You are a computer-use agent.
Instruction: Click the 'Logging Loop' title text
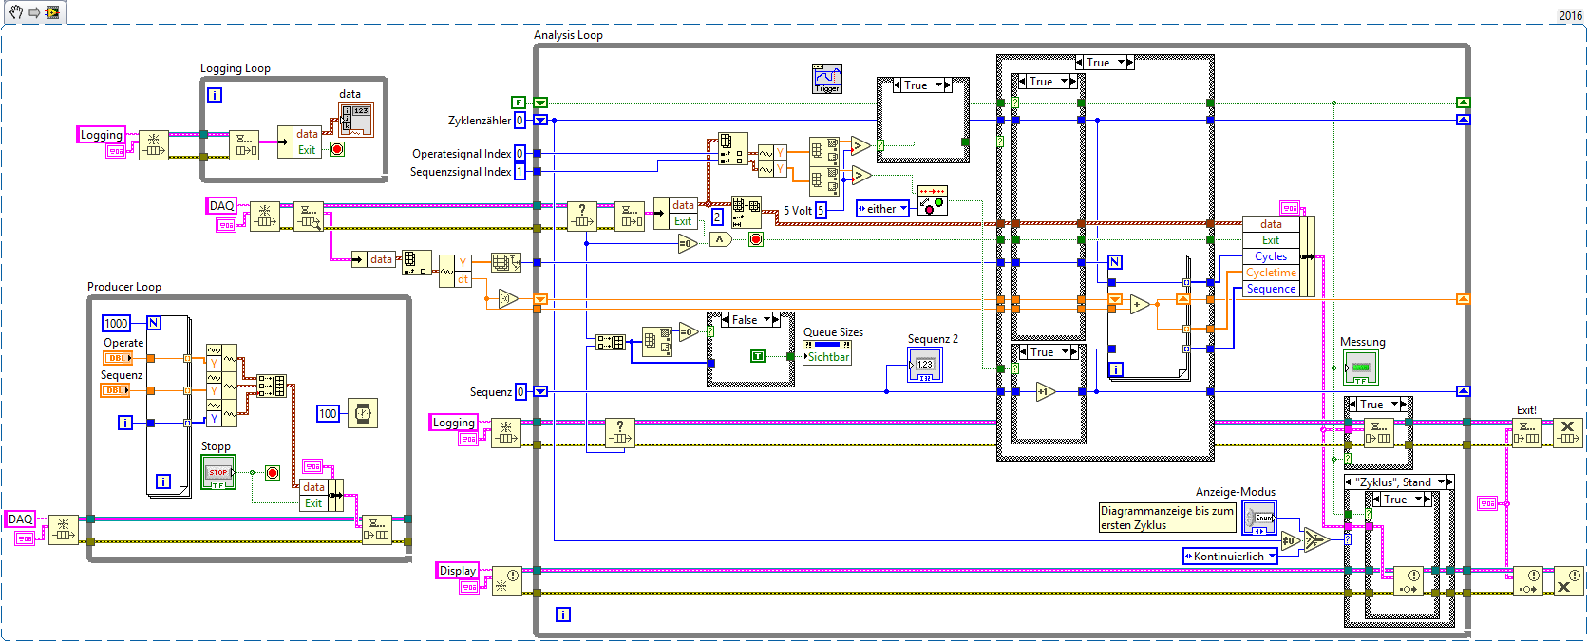click(x=235, y=68)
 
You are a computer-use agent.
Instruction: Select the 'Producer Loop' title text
click(x=123, y=287)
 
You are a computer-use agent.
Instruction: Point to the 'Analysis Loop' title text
click(x=568, y=35)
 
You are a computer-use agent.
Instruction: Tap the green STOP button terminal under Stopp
click(x=218, y=472)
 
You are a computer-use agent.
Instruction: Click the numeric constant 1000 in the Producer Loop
click(x=116, y=324)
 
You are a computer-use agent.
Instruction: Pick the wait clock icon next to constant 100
click(x=363, y=413)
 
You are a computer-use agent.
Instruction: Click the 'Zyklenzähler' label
click(x=480, y=121)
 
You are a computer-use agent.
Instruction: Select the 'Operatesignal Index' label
click(x=462, y=154)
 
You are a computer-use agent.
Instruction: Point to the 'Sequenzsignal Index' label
click(x=461, y=172)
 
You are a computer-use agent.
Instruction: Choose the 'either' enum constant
click(x=882, y=209)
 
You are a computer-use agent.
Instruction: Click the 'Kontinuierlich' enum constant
click(x=1229, y=557)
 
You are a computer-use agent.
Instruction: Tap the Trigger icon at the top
click(x=827, y=78)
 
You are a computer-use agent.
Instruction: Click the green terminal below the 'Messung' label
click(x=1361, y=367)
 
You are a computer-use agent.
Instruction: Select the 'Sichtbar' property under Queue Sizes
click(x=827, y=357)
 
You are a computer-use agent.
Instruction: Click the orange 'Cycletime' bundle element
click(x=1271, y=273)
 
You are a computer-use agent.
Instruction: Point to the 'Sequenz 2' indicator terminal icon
click(x=925, y=365)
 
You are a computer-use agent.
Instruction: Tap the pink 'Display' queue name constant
click(x=457, y=571)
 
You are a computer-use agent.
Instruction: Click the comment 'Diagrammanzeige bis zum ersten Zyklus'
click(x=1166, y=518)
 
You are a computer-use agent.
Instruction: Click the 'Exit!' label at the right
click(x=1526, y=410)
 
